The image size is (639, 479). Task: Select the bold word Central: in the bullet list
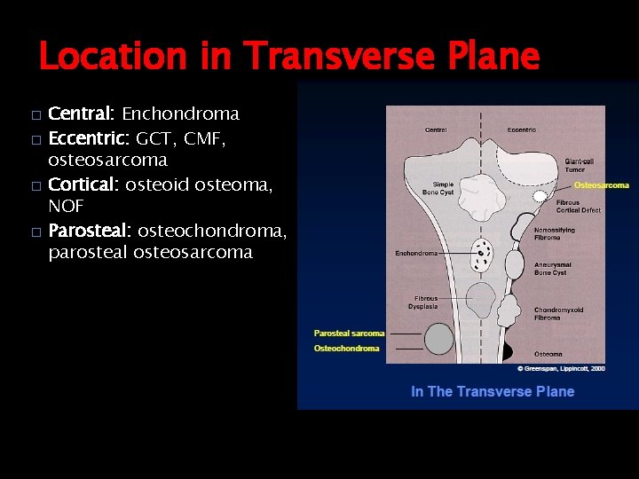tap(81, 114)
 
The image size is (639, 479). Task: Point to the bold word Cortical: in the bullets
tap(83, 184)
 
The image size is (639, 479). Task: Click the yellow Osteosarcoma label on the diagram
tap(601, 185)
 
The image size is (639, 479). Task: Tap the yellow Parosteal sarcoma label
tap(349, 334)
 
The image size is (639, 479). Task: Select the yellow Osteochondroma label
tap(346, 349)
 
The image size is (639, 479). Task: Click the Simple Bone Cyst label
tap(437, 187)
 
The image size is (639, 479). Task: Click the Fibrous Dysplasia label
tap(427, 302)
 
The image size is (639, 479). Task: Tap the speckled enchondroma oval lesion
tap(484, 255)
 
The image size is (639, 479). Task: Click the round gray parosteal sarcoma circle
tap(438, 339)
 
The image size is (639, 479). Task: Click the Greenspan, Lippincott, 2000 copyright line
tap(561, 368)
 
